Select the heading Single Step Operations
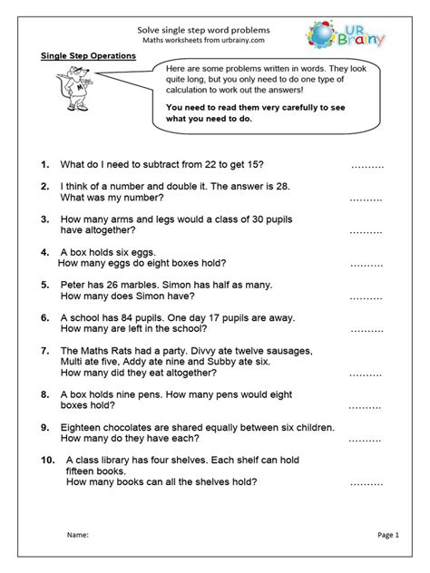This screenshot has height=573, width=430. click(89, 56)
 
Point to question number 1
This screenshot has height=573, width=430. click(44, 165)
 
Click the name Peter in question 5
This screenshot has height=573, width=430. click(76, 284)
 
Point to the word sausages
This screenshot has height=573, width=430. click(286, 350)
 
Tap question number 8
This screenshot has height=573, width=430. click(44, 394)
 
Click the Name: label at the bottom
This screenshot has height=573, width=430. click(78, 536)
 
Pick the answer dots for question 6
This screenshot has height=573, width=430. click(366, 331)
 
